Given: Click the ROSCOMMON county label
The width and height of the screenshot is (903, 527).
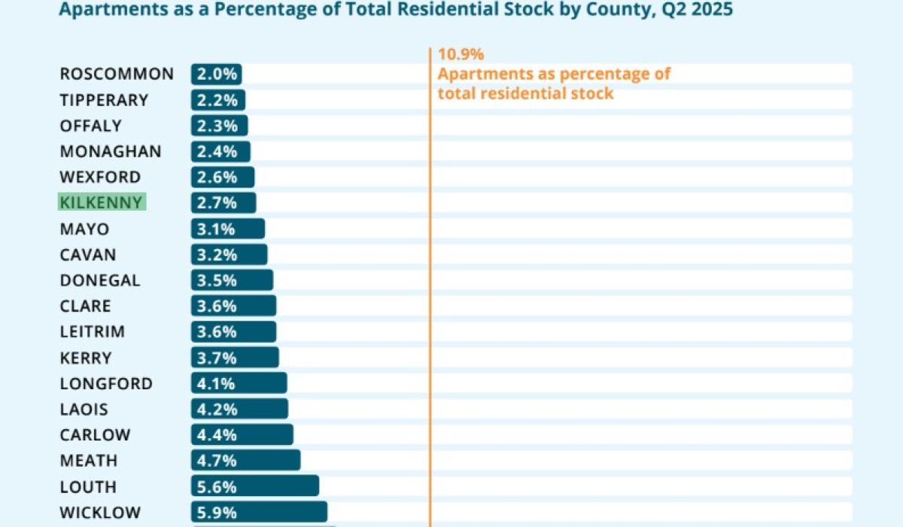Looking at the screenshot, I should click(117, 74).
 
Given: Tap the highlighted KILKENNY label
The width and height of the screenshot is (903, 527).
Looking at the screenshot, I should click(102, 203).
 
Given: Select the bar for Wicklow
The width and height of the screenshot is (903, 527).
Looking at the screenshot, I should click(259, 513).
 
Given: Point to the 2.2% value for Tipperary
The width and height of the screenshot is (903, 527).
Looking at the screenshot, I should click(218, 100).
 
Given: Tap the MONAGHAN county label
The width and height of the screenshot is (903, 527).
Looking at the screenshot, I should click(111, 151).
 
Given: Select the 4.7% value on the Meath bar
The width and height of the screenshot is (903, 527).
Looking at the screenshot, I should click(218, 461).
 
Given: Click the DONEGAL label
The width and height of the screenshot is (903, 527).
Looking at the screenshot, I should click(100, 280).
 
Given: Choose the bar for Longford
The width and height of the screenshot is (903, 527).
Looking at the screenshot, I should click(239, 383).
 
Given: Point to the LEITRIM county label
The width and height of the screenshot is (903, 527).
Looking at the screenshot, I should click(93, 331).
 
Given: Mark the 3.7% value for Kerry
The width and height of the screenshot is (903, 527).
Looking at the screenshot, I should click(218, 358).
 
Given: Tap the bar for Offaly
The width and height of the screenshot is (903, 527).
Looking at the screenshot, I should click(219, 126).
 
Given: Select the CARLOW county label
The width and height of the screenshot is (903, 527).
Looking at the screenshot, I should click(96, 435).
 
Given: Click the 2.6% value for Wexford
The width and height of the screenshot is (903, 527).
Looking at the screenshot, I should click(218, 178).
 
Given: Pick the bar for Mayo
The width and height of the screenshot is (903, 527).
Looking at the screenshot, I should click(227, 229).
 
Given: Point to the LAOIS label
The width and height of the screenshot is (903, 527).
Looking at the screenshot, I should click(84, 410).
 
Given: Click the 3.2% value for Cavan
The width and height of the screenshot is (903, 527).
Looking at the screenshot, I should click(218, 254).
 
